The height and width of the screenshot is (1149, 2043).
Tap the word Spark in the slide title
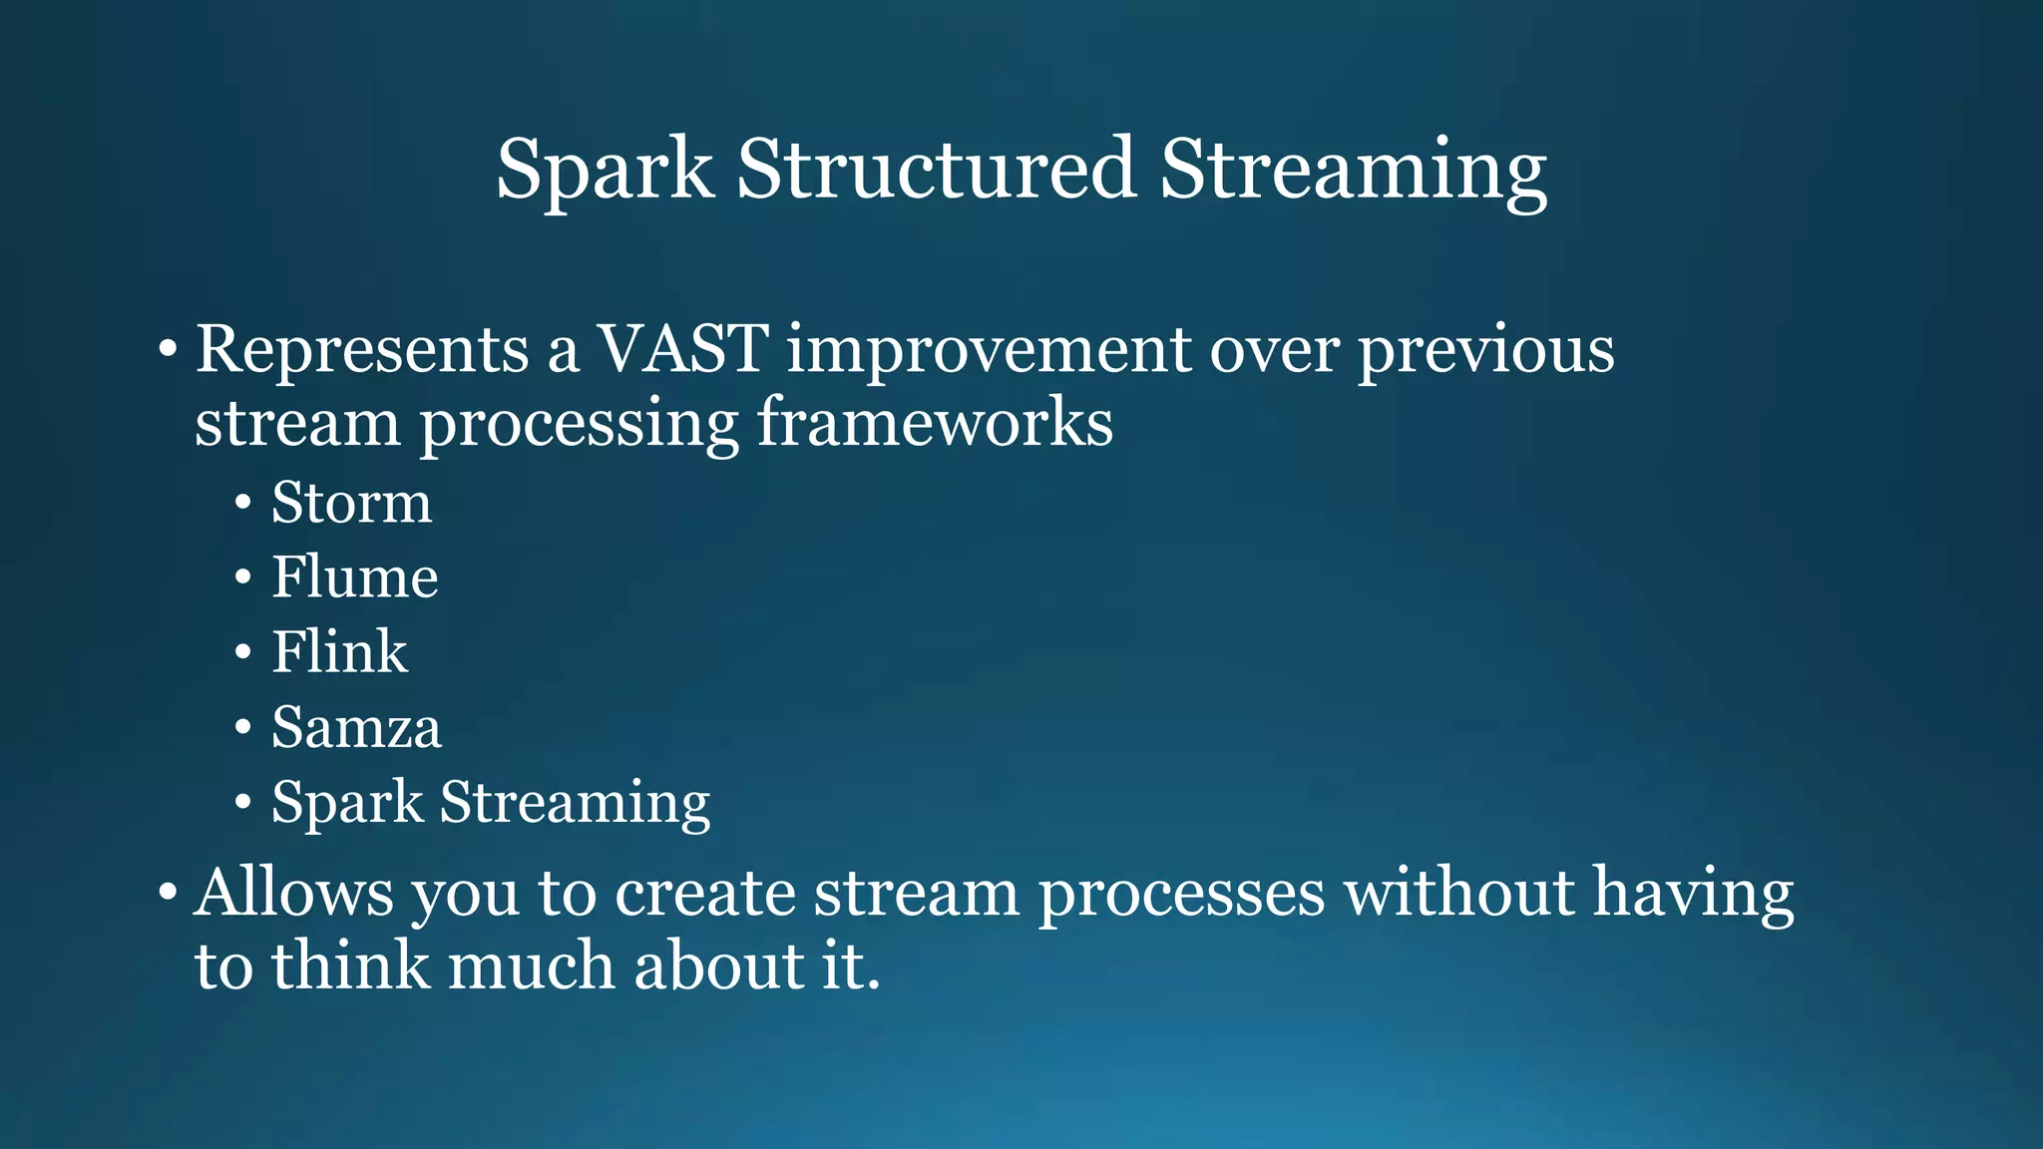(x=605, y=170)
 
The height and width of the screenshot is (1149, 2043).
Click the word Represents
(x=362, y=351)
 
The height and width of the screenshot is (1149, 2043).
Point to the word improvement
(x=989, y=351)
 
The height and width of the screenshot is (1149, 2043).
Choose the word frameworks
(x=934, y=423)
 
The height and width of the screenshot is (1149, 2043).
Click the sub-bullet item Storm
(x=351, y=502)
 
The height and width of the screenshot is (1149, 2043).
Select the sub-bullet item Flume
(x=354, y=576)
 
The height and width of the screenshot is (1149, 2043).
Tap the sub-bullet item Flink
(x=339, y=651)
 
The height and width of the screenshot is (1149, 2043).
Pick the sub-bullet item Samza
(x=356, y=727)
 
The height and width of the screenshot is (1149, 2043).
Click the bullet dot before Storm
(x=243, y=504)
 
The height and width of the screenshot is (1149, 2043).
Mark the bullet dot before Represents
(x=168, y=351)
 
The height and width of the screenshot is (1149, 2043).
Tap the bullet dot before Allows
(x=168, y=893)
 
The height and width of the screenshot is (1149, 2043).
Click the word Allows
(x=294, y=892)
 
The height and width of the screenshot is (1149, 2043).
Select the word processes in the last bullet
(x=1181, y=894)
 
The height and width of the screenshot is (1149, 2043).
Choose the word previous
(x=1485, y=351)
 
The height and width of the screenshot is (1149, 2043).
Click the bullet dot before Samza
(x=243, y=728)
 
